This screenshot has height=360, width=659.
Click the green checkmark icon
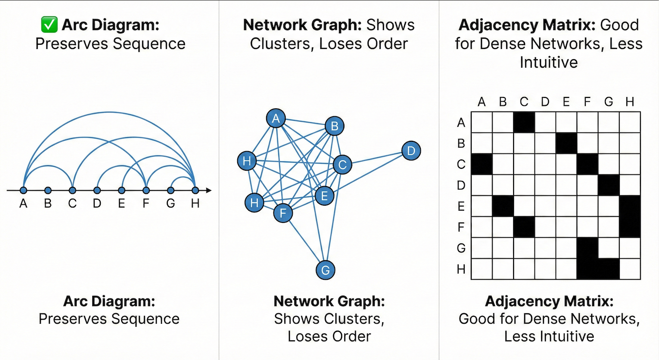pos(49,25)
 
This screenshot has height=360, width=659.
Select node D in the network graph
pos(411,151)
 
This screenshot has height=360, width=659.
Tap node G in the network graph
pos(325,270)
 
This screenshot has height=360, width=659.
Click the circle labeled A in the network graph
pos(275,118)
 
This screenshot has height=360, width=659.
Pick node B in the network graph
pos(334,126)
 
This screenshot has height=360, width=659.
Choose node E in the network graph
pos(324,196)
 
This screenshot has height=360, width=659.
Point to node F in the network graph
pos(282,214)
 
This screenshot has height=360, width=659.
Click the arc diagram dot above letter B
pos(48,190)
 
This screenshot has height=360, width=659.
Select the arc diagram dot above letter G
pos(171,190)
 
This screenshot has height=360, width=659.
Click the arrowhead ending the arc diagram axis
pos(209,190)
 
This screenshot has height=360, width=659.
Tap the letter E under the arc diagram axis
pos(121,203)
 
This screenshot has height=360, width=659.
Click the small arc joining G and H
pos(182,178)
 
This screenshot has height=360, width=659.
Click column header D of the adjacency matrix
pos(545,101)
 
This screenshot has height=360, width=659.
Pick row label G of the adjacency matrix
pos(461,248)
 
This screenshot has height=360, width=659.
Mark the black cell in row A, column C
pos(524,122)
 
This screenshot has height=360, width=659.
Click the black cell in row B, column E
pos(566,143)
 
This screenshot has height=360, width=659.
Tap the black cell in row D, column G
pos(608,185)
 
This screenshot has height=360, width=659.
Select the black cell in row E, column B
pos(503,206)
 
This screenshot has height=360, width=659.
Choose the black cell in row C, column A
pos(482,164)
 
